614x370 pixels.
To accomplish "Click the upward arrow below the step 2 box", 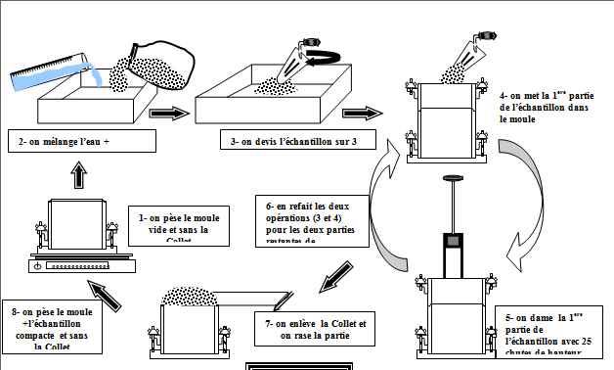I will click(79, 174).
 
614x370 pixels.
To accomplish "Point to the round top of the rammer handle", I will click(453, 179).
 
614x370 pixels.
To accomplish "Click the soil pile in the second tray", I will click(264, 88).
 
